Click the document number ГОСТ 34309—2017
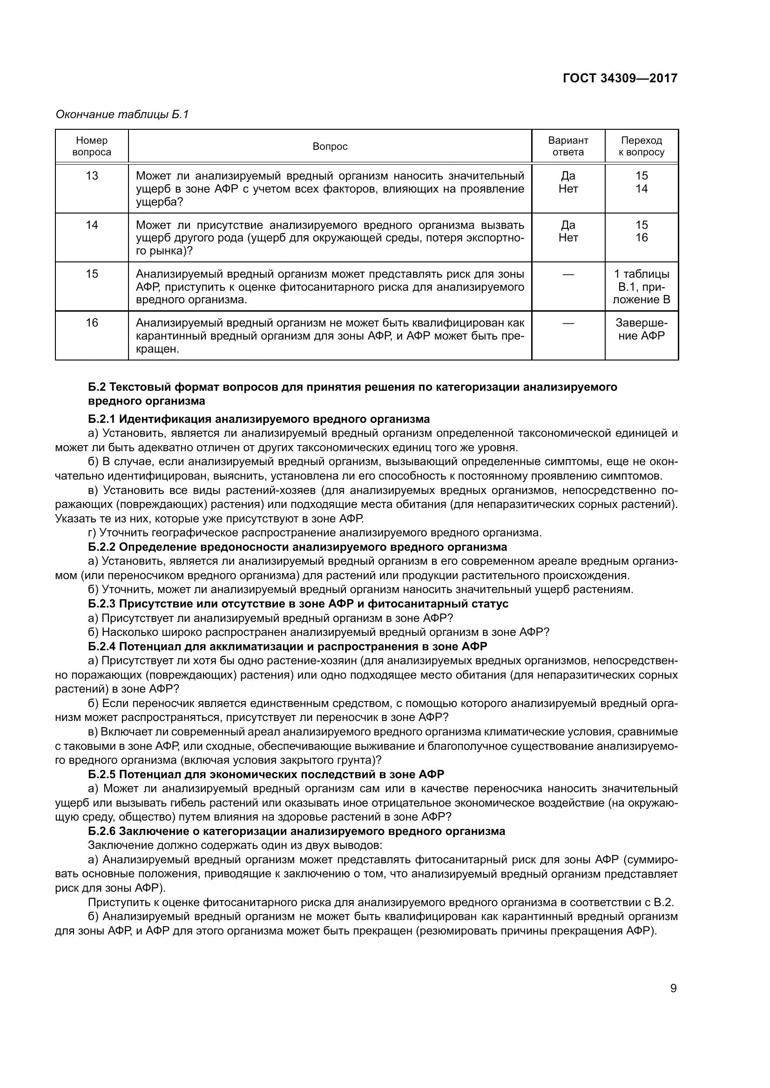pos(620,78)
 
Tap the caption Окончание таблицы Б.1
pos(122,114)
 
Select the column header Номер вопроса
pos(92,146)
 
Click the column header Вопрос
pos(330,147)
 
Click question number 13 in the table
pos(92,176)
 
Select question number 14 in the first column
pos(92,225)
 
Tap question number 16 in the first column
pos(92,323)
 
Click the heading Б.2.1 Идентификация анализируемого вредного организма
pos(259,419)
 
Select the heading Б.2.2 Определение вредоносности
pos(297,547)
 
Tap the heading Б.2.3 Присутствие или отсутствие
pos(298,604)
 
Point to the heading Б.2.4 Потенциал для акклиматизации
pos(287,647)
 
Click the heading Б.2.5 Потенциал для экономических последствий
pos(266,774)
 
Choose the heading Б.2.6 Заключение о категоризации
pos(297,831)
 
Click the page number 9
pos(673,988)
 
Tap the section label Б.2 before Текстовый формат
pos(97,387)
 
